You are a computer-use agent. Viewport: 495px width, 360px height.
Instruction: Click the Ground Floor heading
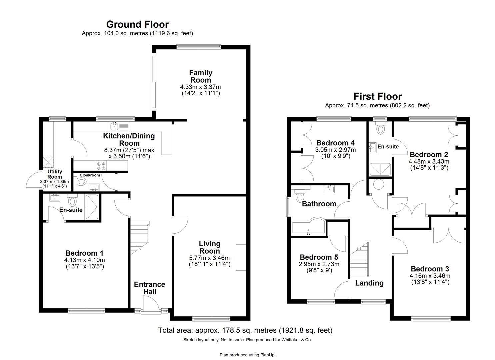click(137, 24)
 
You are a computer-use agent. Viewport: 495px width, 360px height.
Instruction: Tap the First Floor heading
click(377, 96)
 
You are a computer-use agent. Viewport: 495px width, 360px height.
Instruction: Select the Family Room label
click(200, 76)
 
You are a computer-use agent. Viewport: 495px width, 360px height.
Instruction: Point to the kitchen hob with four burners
click(101, 165)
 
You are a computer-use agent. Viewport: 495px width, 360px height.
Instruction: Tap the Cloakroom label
click(90, 175)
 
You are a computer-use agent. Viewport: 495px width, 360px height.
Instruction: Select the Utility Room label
click(55, 174)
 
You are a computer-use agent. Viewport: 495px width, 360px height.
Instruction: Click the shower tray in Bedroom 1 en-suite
click(92, 207)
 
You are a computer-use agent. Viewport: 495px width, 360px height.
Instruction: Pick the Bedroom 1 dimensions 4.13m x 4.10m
click(85, 260)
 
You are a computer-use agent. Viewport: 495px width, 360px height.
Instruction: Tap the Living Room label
click(209, 247)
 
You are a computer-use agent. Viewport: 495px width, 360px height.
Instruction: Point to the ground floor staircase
click(138, 238)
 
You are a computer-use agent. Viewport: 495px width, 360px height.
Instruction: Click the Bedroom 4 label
click(336, 143)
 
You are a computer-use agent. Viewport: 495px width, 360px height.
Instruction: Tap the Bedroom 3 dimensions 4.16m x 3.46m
click(430, 276)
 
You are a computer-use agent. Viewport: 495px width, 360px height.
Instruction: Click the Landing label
click(369, 283)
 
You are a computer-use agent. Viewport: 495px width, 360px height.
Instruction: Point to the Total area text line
click(245, 330)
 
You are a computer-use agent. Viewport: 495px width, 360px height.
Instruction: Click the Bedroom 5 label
click(319, 257)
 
